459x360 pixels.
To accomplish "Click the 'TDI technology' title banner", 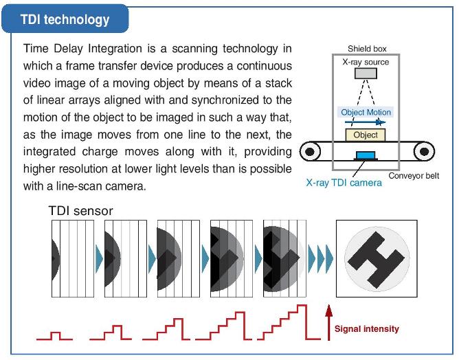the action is (x=65, y=19).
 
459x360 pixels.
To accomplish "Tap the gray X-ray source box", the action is (x=366, y=74).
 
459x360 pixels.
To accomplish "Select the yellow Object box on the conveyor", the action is (x=366, y=135).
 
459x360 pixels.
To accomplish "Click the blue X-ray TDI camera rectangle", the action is (x=366, y=155).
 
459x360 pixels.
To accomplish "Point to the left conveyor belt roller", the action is (x=310, y=151).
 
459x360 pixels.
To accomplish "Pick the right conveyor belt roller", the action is (x=424, y=151).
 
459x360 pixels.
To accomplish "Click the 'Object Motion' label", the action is (x=366, y=112).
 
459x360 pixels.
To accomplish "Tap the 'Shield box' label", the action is (x=367, y=49).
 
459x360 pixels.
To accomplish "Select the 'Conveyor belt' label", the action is (x=414, y=176).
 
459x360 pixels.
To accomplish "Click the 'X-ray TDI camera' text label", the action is (x=344, y=183).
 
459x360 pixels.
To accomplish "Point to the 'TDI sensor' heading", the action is (x=81, y=211).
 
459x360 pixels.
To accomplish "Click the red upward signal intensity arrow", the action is (x=328, y=322).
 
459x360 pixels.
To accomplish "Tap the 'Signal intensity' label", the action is (x=367, y=328).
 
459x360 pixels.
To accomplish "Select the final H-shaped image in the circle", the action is (x=377, y=259).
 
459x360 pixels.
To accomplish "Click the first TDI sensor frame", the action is (x=73, y=259).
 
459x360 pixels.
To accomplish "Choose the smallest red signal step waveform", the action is (x=55, y=336).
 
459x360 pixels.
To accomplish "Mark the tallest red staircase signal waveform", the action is (x=289, y=322).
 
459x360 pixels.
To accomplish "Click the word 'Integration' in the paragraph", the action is (x=115, y=49).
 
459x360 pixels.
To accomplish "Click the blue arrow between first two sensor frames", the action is (x=100, y=259).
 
